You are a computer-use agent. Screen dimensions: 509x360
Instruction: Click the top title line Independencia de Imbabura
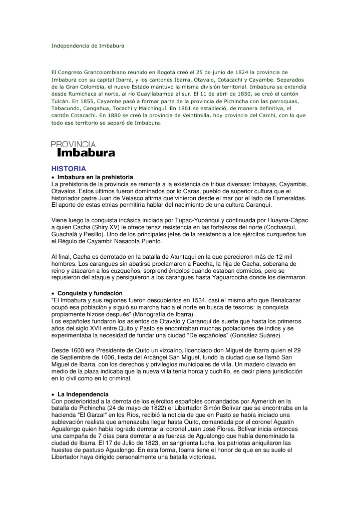(x=88, y=46)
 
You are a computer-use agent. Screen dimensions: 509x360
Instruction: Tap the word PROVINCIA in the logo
(x=73, y=144)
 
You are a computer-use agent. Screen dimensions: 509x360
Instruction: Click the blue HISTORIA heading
(x=69, y=169)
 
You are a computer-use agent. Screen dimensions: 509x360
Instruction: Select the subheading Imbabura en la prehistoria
(x=95, y=177)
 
